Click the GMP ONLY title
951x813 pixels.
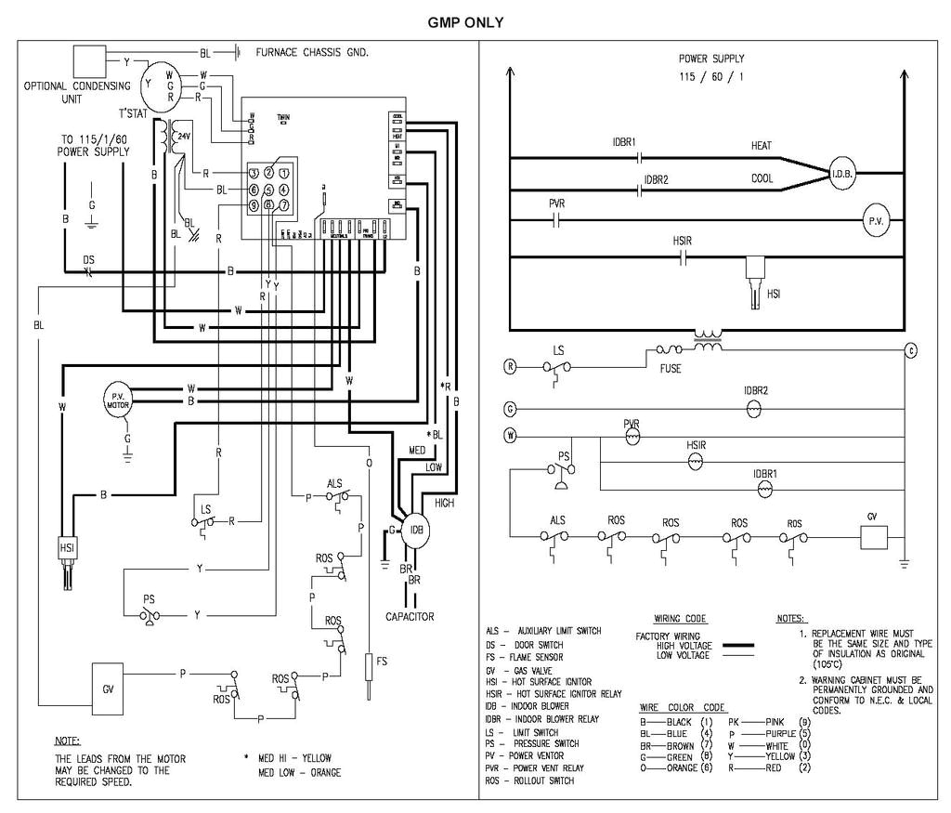(465, 22)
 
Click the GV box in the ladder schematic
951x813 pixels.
(870, 540)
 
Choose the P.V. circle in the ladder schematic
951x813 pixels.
(877, 222)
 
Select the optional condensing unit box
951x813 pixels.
(90, 62)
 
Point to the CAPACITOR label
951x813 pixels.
(410, 616)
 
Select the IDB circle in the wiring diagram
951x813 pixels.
(417, 531)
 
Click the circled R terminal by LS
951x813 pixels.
(510, 366)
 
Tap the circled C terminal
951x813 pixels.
(911, 350)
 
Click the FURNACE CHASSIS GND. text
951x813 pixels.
(312, 52)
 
